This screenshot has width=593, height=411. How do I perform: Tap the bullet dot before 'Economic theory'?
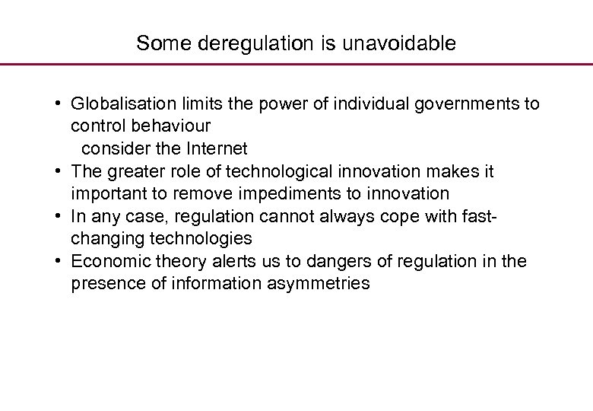pos(59,262)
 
